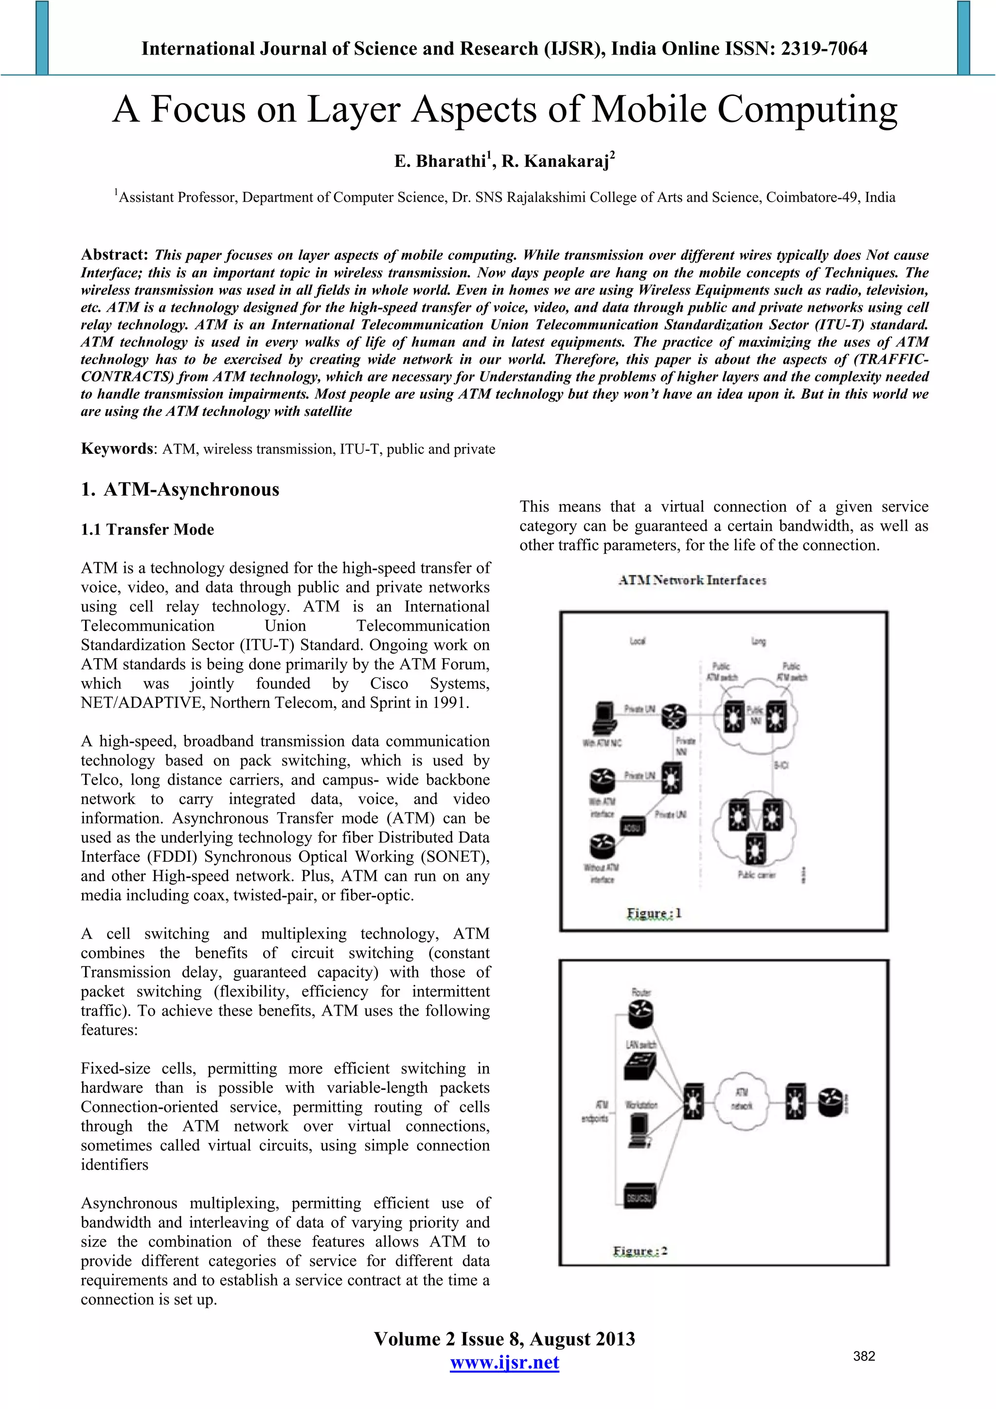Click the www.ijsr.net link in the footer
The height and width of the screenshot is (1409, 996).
504,1363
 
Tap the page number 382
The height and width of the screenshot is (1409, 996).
864,1356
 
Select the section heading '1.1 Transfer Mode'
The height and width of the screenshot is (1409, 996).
147,530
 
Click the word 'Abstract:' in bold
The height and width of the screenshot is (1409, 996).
115,255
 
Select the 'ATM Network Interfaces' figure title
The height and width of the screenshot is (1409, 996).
692,580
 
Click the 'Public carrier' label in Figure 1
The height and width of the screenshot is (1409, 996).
757,875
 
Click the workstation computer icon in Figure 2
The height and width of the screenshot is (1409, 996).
640,1128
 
